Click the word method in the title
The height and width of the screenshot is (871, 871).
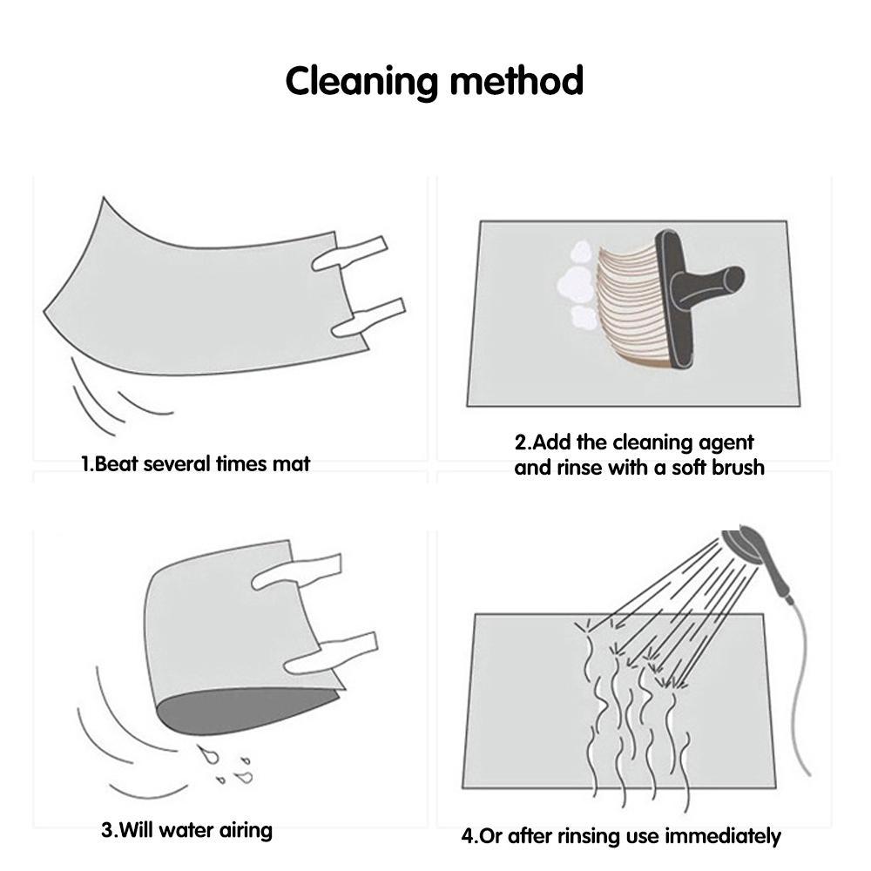pyautogui.click(x=517, y=80)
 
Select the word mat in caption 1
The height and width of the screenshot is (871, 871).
pyautogui.click(x=291, y=464)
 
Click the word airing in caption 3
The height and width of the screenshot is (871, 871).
pyautogui.click(x=246, y=830)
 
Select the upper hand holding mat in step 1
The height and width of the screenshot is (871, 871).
pyautogui.click(x=349, y=253)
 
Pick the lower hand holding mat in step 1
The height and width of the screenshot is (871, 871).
pyautogui.click(x=368, y=319)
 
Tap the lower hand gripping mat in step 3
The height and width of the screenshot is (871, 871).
pyautogui.click(x=330, y=653)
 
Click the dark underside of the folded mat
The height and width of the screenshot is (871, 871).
pyautogui.click(x=245, y=711)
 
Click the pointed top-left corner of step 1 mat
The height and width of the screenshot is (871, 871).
pyautogui.click(x=104, y=199)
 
